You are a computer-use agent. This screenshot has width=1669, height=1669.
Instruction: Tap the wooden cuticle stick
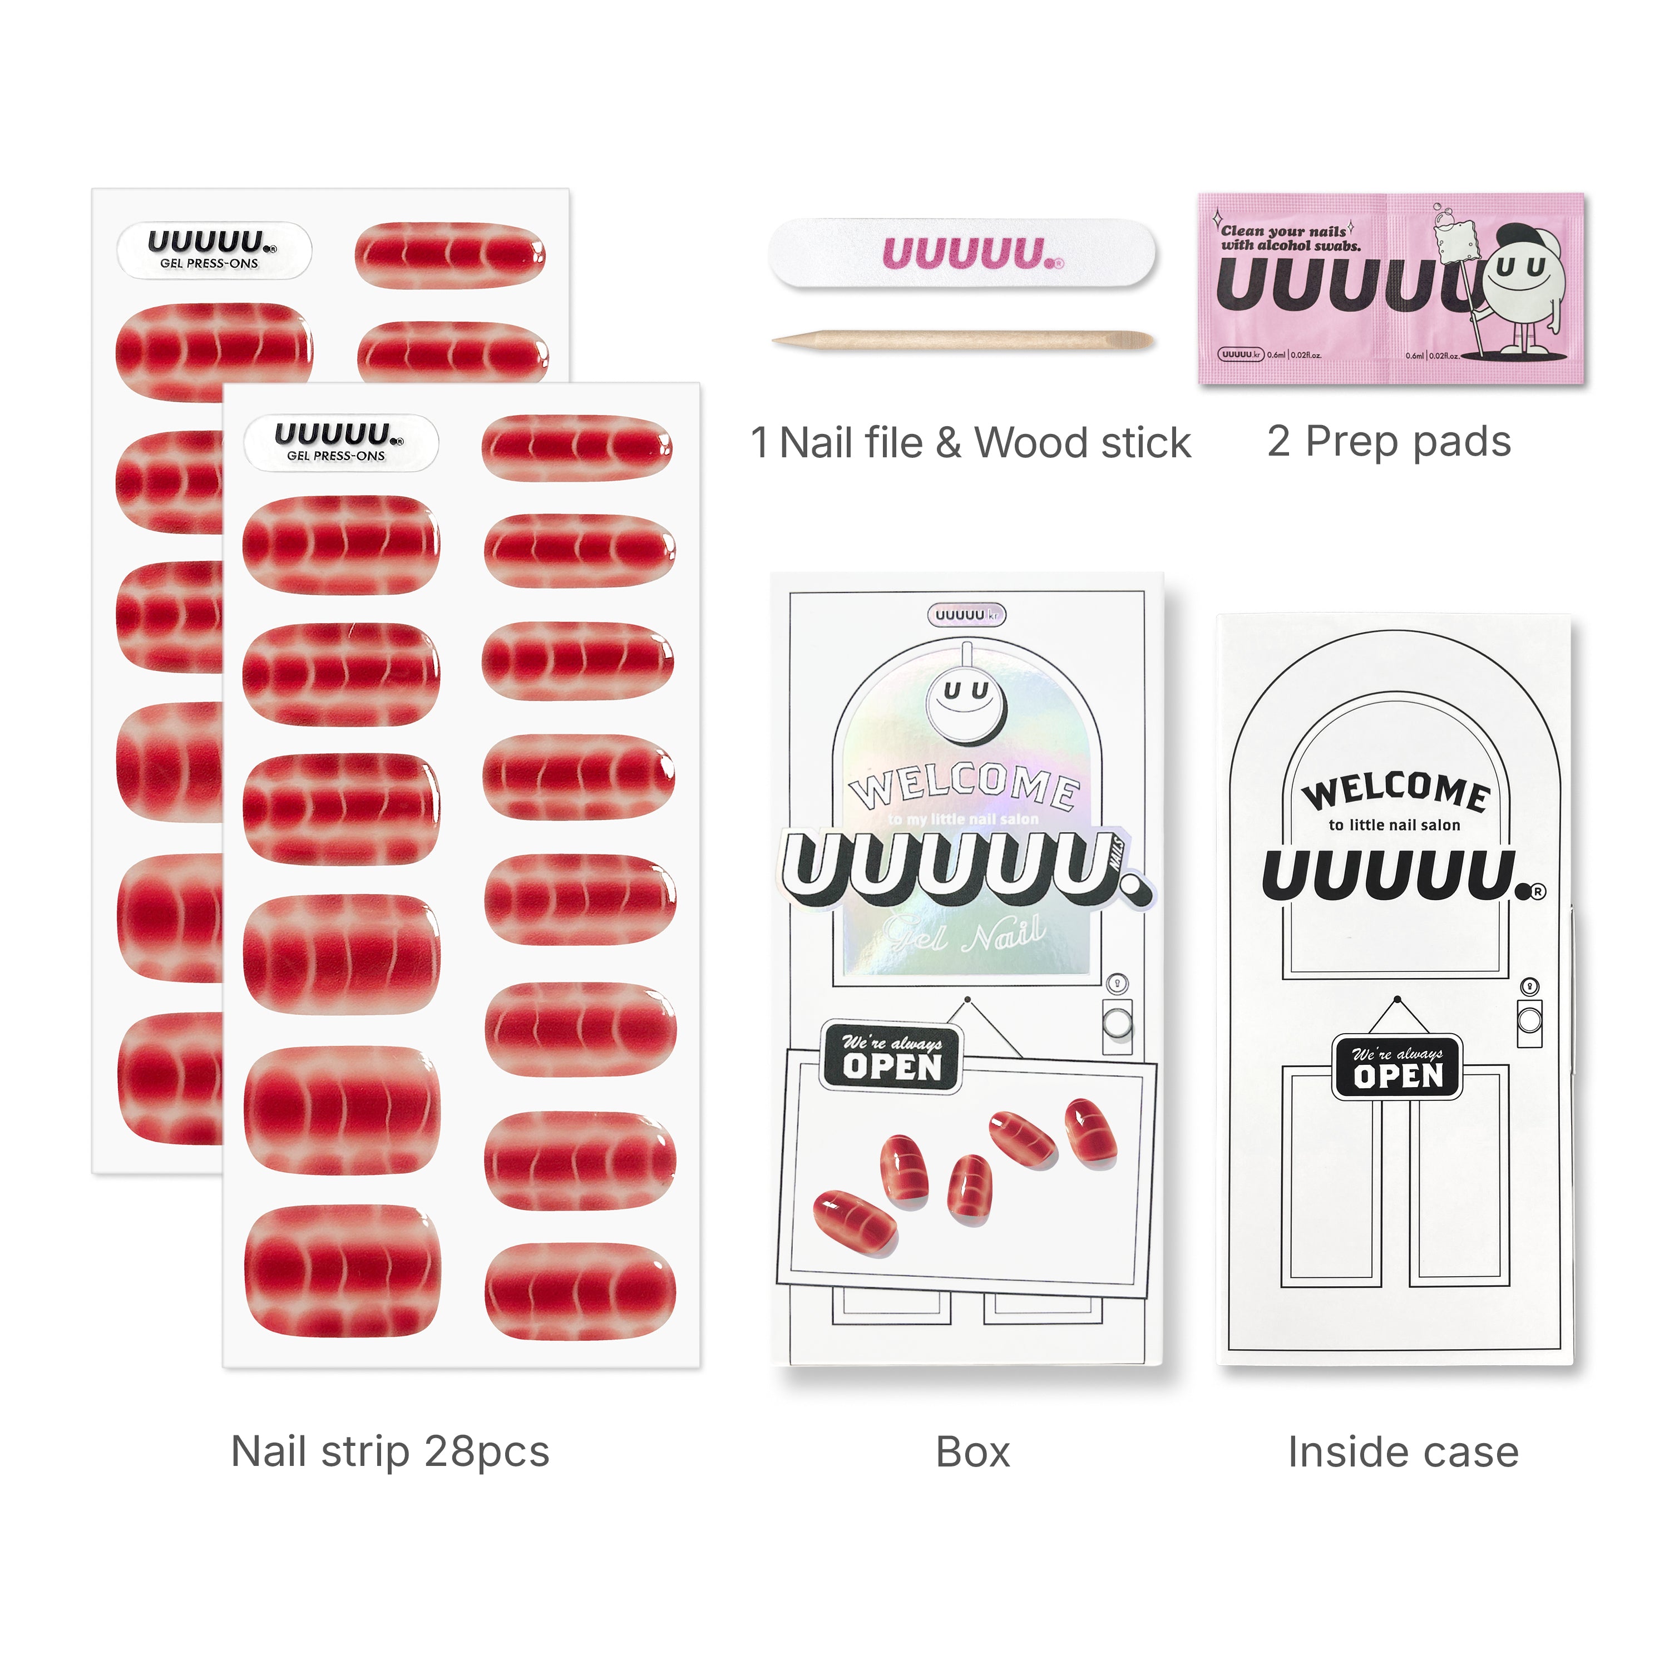(963, 340)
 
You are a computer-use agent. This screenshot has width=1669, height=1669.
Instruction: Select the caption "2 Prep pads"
(1388, 441)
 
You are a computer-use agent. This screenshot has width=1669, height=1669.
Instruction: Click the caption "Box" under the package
(972, 1451)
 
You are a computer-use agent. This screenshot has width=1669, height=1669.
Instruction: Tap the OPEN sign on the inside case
(1397, 1067)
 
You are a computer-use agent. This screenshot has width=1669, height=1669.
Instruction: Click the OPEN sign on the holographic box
(891, 1058)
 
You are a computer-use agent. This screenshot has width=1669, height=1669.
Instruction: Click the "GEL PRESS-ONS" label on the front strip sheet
(336, 455)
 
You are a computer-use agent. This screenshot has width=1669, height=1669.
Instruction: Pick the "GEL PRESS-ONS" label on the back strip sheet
(209, 263)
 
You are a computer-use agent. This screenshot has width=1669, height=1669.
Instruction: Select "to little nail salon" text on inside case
(1394, 825)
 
